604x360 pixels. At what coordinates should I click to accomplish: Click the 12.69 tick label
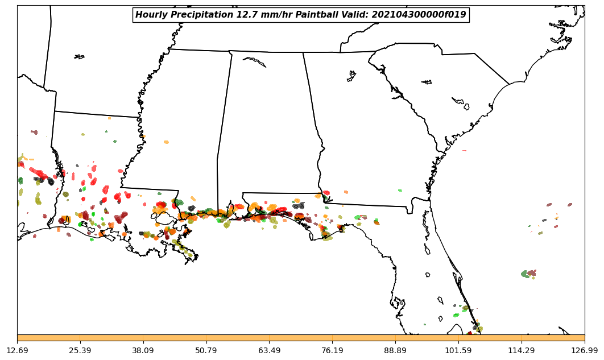17,350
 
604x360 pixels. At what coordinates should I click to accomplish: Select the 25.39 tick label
80,350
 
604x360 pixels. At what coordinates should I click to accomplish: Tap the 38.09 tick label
143,350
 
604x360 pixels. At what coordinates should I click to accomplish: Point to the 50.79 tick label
206,350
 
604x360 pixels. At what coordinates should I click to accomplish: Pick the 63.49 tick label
269,350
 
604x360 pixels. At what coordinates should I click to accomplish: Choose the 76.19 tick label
332,350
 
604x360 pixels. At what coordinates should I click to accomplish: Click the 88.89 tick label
395,350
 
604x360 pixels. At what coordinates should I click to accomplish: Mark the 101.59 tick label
458,350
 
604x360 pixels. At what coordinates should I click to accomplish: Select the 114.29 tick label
521,350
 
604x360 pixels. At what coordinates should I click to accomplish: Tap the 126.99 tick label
584,350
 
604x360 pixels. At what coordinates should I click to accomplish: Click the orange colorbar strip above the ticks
301,338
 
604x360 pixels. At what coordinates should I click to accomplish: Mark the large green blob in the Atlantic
525,274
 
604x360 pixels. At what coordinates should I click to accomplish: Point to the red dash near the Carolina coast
464,151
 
